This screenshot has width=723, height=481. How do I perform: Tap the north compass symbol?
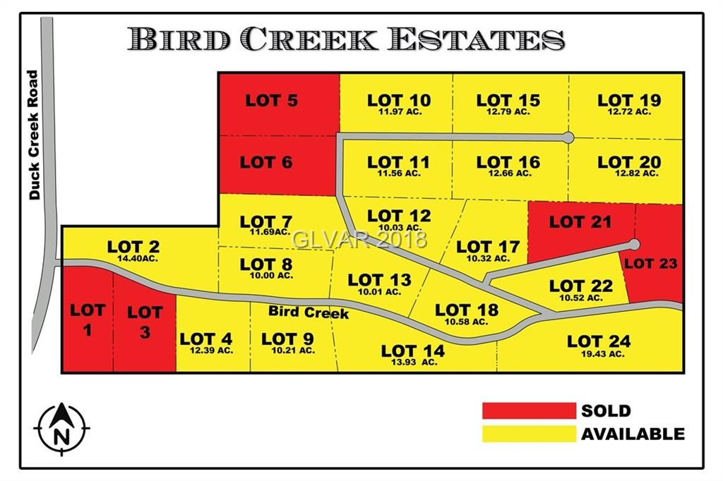(x=61, y=427)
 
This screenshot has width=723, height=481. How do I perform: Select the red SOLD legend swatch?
(x=529, y=410)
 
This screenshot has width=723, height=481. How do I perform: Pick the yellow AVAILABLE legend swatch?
(x=529, y=434)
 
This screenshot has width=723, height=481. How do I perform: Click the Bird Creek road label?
(x=308, y=312)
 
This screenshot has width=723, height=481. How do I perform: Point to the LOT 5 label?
(x=271, y=101)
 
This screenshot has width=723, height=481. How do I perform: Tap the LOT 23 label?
(x=650, y=264)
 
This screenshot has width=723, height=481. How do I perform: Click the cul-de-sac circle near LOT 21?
(x=634, y=245)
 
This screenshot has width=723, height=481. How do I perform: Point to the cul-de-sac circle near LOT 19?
(x=569, y=138)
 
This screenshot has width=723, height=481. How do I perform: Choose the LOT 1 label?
(x=88, y=319)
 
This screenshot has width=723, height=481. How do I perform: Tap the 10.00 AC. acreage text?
(x=266, y=276)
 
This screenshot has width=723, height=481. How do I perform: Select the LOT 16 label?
(x=508, y=163)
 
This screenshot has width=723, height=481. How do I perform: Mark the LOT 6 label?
(x=266, y=162)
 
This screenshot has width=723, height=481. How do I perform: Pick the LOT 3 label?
(x=145, y=321)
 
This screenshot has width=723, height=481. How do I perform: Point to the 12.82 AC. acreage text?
(x=630, y=173)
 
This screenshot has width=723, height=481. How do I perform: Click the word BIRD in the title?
(x=181, y=39)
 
